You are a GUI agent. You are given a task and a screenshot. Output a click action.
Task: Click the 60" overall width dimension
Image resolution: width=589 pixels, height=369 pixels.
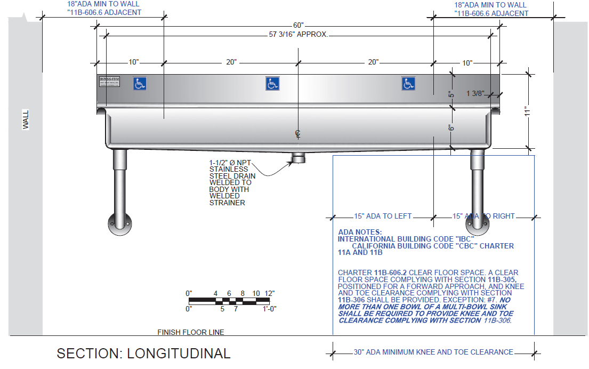[298, 26]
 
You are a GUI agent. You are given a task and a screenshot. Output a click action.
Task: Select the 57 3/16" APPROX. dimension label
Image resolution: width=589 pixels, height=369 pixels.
[298, 35]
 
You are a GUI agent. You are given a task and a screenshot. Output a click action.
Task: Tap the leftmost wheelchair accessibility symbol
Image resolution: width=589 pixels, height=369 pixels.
[140, 84]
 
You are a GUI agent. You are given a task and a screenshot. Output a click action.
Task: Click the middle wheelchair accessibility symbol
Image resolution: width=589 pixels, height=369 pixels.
[272, 84]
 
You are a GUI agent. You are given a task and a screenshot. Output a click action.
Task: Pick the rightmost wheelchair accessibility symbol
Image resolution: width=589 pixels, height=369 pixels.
[409, 84]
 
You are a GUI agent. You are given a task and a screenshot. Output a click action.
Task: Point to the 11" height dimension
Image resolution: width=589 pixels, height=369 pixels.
[528, 111]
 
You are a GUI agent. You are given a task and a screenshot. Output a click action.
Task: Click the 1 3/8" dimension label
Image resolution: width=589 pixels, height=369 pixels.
[474, 94]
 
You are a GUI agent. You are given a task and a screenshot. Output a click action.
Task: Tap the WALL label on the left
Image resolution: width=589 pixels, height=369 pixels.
[26, 119]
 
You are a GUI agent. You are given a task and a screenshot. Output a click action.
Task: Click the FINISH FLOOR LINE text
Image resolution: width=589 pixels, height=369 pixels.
[191, 332]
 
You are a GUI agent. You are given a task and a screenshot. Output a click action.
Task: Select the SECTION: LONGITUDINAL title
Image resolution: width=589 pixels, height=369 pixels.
[144, 354]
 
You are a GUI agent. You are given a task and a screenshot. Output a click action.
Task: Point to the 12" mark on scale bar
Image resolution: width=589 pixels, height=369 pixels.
[269, 293]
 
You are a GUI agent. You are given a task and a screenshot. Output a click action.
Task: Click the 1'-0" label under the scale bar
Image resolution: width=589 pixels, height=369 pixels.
[269, 308]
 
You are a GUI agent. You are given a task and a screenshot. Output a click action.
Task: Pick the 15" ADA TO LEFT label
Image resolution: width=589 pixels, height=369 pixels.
[383, 216]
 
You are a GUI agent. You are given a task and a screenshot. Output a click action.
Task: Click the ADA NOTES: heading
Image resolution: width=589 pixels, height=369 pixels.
[360, 232]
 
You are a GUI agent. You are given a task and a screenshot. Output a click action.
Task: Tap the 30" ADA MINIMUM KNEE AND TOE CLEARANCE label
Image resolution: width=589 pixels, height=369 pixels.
[433, 352]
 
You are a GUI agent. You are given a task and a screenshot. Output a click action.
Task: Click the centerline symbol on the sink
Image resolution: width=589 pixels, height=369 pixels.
[298, 133]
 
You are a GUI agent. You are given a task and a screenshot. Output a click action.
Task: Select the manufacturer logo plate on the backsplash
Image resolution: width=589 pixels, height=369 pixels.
[110, 82]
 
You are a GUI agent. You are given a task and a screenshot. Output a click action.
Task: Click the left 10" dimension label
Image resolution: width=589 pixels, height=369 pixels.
[133, 62]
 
